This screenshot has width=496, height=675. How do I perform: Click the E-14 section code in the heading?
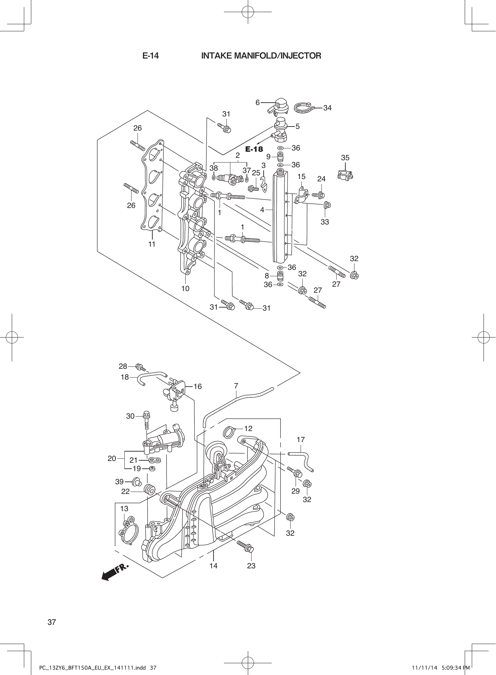(x=150, y=56)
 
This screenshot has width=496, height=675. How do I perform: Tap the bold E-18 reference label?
(x=254, y=149)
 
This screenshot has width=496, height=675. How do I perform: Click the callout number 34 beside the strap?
(x=327, y=108)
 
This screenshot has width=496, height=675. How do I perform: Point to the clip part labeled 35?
(x=345, y=174)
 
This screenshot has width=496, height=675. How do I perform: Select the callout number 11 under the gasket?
(x=152, y=244)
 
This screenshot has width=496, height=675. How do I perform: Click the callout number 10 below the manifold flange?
(x=185, y=289)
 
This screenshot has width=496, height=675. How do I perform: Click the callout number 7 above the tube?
(x=236, y=386)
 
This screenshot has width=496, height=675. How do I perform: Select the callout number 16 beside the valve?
(x=198, y=387)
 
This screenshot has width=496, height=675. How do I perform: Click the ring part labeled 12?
(x=228, y=432)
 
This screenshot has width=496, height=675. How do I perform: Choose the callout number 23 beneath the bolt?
(x=251, y=566)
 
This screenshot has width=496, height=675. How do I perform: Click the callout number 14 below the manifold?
(x=213, y=566)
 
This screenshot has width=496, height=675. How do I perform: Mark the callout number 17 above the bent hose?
(x=301, y=439)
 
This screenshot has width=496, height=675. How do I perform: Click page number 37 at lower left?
(x=51, y=622)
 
